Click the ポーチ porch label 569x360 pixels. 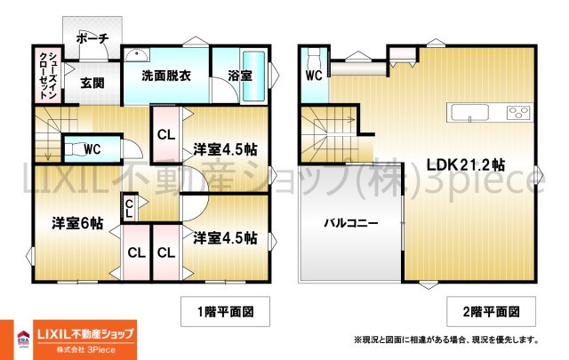pos(92,38)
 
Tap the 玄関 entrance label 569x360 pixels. pos(92,83)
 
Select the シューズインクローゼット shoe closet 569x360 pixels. pos(48,76)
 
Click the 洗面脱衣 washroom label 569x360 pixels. pos(166,76)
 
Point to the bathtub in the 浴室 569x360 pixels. pos(253,76)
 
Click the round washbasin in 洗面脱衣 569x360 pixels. pos(137,55)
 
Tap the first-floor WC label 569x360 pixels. pos(92,148)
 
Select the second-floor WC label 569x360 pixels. pos(314,76)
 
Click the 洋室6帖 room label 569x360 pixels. pos(77,223)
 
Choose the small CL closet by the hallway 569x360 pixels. pos(129,209)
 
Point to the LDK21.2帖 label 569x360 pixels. pos(465,165)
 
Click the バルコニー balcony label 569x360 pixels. pos(351,222)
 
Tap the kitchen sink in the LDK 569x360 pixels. pos(469,112)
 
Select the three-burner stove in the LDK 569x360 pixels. pos(519,112)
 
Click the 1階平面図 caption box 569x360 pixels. pos(225,311)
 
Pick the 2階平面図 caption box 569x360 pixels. pos(491,311)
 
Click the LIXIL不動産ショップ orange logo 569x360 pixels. pos(85,340)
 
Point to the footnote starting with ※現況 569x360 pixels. pos(446,340)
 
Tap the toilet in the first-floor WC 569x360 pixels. pos(74,148)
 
